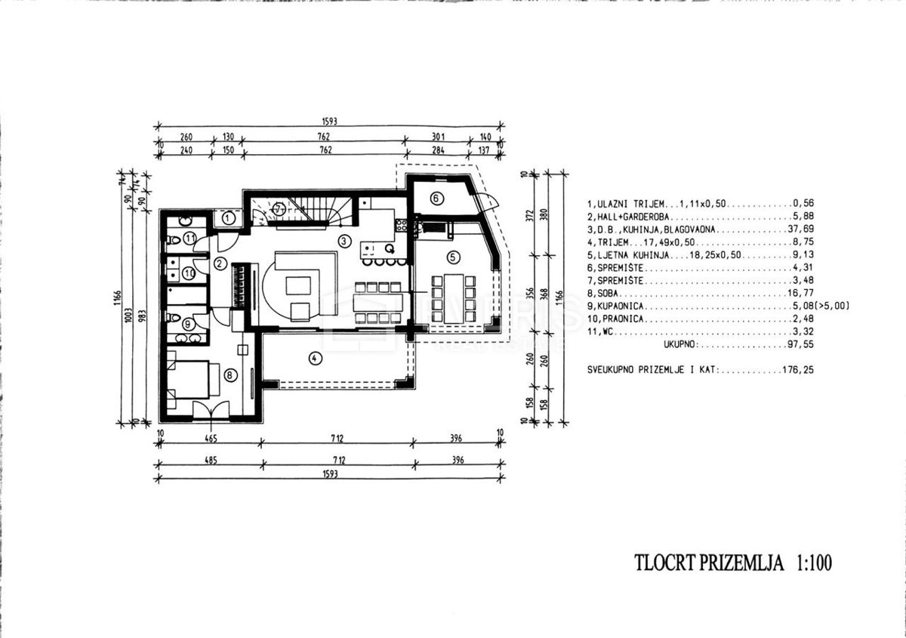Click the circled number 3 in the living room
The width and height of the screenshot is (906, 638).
pyautogui.click(x=344, y=242)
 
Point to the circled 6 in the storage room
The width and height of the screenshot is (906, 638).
pyautogui.click(x=436, y=199)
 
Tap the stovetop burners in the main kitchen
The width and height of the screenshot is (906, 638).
pyautogui.click(x=401, y=224)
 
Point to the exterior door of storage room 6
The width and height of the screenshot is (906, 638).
pyautogui.click(x=487, y=202)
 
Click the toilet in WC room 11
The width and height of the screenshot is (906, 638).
pyautogui.click(x=173, y=239)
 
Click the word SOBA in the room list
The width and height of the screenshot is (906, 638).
pyautogui.click(x=609, y=294)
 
